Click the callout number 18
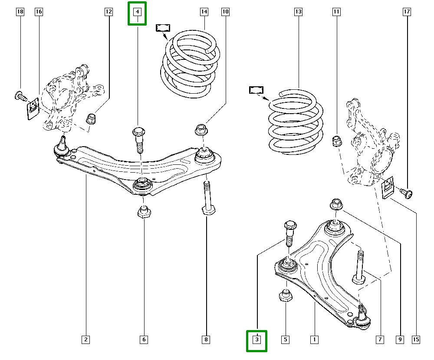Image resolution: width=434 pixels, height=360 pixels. pyautogui.click(x=20, y=12)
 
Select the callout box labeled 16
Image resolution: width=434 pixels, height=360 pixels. pyautogui.click(x=39, y=12)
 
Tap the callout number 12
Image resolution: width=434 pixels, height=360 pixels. pyautogui.click(x=108, y=12)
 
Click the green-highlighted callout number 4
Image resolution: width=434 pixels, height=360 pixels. pyautogui.click(x=137, y=13)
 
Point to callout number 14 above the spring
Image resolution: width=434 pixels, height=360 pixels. pyautogui.click(x=204, y=12)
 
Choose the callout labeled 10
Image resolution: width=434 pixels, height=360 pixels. pyautogui.click(x=225, y=12)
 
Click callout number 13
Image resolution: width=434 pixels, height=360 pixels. pyautogui.click(x=298, y=12)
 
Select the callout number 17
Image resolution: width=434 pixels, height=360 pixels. pyautogui.click(x=407, y=12)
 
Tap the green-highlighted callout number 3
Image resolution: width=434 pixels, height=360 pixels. pyautogui.click(x=257, y=340)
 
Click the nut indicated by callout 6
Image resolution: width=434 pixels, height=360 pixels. pyautogui.click(x=144, y=212)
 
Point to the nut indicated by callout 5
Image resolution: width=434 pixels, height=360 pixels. pyautogui.click(x=286, y=296)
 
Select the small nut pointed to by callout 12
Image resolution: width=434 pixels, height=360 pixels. pyautogui.click(x=91, y=118)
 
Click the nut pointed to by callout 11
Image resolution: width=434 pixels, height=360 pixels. pyautogui.click(x=336, y=141)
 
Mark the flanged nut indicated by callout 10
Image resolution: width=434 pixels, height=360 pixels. pyautogui.click(x=201, y=129)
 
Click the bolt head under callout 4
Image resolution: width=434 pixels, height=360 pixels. pyautogui.click(x=138, y=132)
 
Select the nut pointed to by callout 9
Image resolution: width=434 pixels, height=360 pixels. pyautogui.click(x=336, y=204)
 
